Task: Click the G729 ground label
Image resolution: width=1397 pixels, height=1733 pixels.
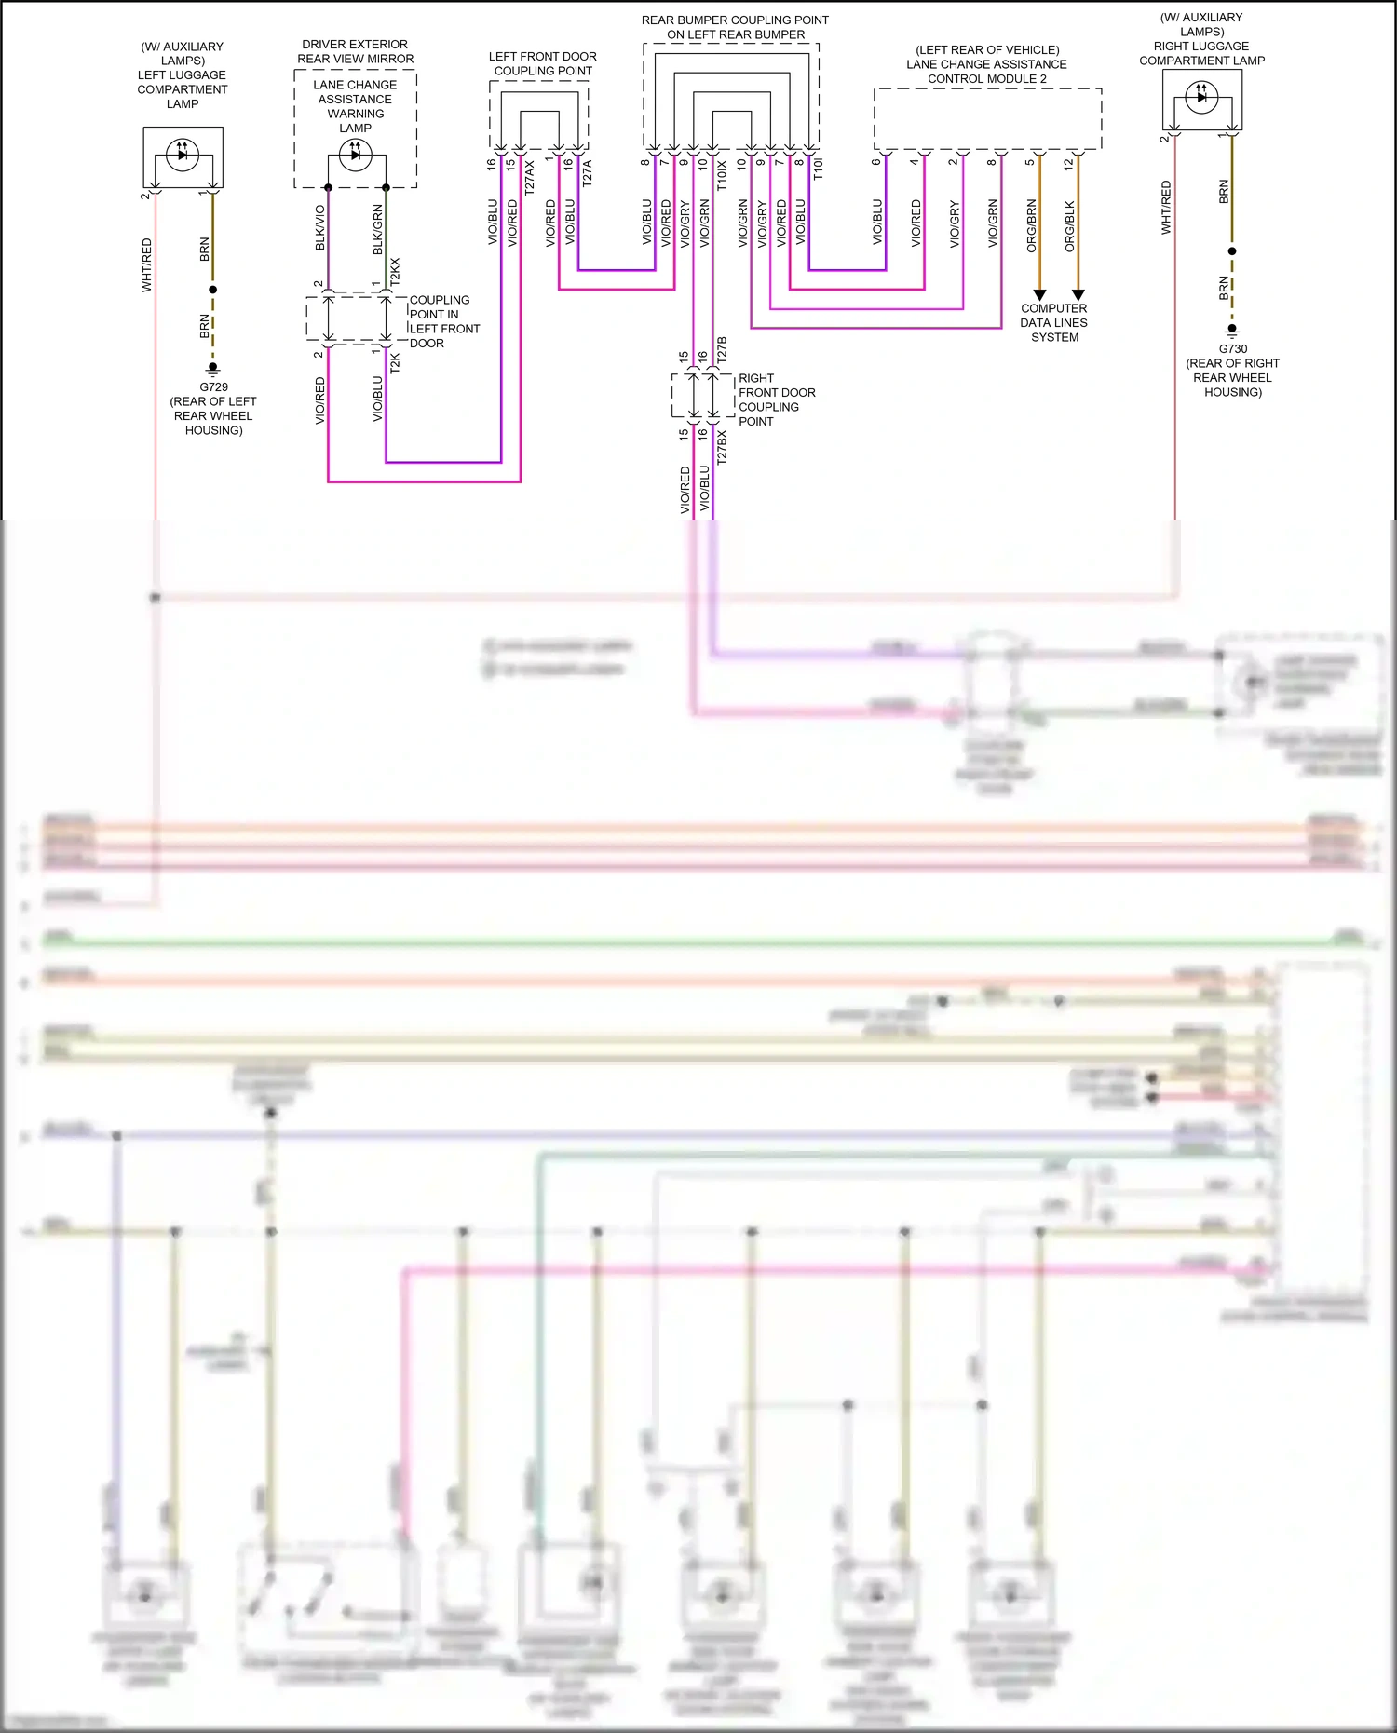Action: click(213, 386)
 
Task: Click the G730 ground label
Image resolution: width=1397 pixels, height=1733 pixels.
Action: click(1232, 349)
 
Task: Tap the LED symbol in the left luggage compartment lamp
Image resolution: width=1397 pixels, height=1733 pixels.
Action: click(183, 154)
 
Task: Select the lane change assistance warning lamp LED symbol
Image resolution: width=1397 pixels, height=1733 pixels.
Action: click(355, 155)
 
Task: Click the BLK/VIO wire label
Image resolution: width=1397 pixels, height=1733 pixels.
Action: click(320, 227)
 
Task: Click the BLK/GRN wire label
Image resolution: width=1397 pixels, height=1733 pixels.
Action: click(378, 229)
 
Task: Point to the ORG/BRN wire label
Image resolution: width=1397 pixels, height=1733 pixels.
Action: click(1032, 225)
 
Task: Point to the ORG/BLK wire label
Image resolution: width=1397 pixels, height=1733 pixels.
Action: click(1070, 226)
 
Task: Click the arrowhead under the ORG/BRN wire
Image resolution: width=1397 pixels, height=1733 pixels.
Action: click(1040, 295)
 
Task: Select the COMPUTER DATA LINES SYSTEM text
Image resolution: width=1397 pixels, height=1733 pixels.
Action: click(1054, 322)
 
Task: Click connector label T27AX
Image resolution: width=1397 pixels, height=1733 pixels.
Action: click(530, 177)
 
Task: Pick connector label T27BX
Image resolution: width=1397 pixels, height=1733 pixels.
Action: click(722, 447)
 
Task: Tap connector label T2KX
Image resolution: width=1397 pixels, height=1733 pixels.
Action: click(395, 271)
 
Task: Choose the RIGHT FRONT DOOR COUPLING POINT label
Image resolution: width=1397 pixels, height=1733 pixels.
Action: click(776, 399)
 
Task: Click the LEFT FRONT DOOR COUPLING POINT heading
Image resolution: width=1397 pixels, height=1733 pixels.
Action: click(543, 63)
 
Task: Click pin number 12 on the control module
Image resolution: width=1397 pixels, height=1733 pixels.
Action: click(1069, 163)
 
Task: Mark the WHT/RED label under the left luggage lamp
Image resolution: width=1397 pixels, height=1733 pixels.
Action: click(147, 265)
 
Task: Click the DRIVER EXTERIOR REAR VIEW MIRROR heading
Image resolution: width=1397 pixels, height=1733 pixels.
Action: click(355, 51)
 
